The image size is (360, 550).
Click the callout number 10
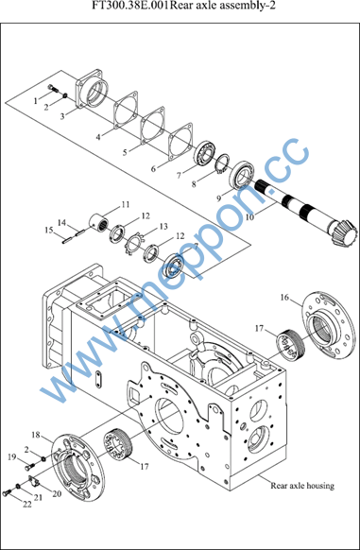point(249,217)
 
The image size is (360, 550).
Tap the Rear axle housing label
point(302,486)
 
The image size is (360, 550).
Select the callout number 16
point(284,298)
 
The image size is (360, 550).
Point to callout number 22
point(27,505)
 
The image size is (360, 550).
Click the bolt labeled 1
point(53,88)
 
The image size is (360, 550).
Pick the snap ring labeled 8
point(222,163)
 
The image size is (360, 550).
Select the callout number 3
point(62,116)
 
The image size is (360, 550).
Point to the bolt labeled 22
point(8,492)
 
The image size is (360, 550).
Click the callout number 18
point(36,435)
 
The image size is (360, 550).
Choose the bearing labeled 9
point(242,176)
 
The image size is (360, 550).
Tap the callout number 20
point(57,493)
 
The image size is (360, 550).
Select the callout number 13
point(163,227)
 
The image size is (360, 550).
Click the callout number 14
point(61,222)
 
